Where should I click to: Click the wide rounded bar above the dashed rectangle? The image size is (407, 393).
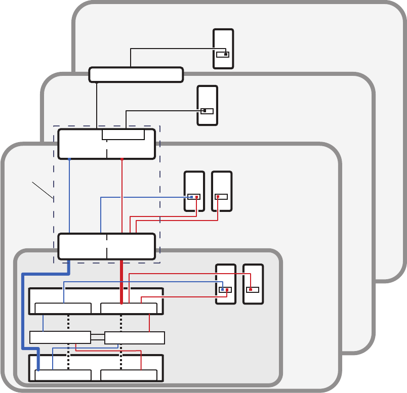[136, 74]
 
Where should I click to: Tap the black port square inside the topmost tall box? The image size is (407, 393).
[226, 54]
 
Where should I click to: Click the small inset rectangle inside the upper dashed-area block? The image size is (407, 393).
[123, 135]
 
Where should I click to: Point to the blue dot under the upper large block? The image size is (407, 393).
[69, 159]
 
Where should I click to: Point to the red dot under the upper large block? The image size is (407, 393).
[122, 159]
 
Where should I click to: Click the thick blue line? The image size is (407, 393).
[23, 314]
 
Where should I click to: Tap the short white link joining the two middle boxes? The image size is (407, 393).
[97, 337]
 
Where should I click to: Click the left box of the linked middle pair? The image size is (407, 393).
[60, 337]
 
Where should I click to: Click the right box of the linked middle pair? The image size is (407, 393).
[135, 337]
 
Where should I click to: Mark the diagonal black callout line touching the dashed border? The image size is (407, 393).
[43, 189]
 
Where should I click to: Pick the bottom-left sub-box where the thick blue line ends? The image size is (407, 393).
[63, 375]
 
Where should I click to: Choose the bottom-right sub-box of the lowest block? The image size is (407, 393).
[129, 375]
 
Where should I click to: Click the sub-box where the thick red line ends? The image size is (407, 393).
[129, 308]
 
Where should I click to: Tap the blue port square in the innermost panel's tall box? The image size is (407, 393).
[222, 290]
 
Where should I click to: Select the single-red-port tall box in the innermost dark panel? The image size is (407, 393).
[253, 284]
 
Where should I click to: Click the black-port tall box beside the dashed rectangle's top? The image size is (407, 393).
[208, 105]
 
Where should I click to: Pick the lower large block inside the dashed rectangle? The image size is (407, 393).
[106, 246]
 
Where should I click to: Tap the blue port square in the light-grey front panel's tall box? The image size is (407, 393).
[191, 197]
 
